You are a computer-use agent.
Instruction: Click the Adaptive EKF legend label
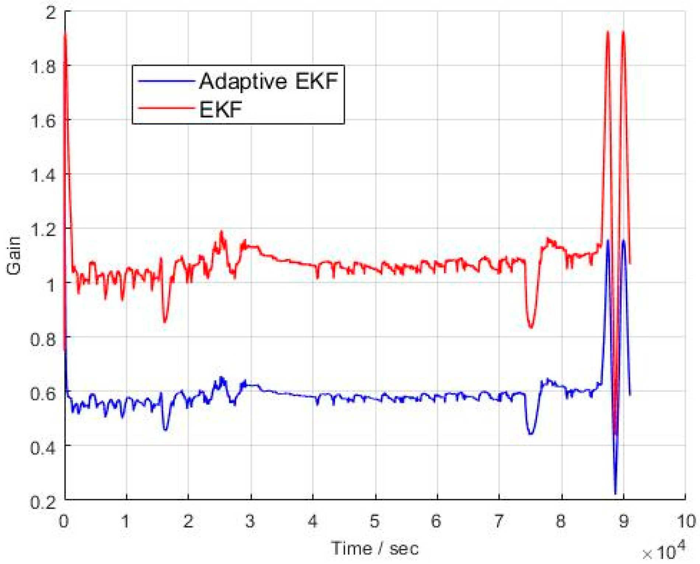point(268,81)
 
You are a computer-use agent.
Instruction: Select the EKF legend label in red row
point(220,109)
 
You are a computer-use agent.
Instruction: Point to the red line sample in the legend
point(166,108)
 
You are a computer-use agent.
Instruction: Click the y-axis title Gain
point(14,255)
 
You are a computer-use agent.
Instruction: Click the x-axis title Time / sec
point(375,549)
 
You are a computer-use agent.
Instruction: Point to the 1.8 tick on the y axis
point(43,67)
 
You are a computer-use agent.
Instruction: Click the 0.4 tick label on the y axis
point(43,448)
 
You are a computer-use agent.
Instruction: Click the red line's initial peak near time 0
point(66,34)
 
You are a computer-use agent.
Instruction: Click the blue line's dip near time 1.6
point(166,429)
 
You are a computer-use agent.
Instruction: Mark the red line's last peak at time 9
point(623,32)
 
